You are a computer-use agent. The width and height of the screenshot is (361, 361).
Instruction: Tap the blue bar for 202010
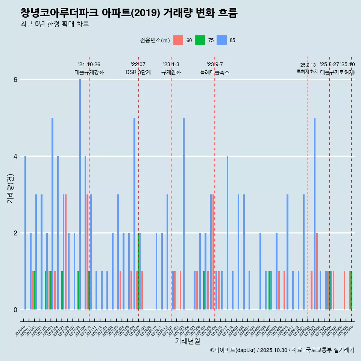pos(25,233)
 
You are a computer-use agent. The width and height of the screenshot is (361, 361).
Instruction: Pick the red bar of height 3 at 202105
pos(65,252)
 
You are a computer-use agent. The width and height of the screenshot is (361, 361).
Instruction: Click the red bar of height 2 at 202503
pos(317,271)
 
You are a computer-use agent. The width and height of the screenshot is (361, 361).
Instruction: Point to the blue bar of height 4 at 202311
pos(228,233)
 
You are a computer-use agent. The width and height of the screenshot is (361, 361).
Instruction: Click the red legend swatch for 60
pos(178,40)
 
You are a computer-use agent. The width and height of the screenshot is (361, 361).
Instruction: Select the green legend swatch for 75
pos(200,40)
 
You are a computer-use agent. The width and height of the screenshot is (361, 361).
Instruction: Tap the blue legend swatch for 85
pos(222,40)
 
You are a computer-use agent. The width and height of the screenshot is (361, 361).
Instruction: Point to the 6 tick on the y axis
pos(15,80)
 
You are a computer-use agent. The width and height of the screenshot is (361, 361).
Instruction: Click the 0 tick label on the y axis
pos(15,310)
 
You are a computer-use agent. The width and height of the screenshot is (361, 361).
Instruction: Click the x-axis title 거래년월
pos(187,341)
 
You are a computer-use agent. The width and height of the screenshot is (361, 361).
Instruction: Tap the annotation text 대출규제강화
pos(89,72)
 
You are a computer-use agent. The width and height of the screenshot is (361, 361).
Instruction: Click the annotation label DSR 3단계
pos(138,72)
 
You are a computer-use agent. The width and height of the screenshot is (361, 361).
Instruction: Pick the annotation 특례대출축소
pos(214,72)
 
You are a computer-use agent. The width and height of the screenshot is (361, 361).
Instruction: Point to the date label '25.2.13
pos(308,65)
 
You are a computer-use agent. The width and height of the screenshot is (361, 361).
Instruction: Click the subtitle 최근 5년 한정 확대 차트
pos(55,24)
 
